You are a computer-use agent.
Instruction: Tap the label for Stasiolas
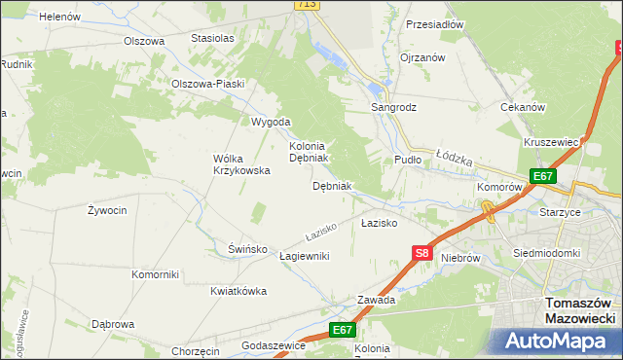[212, 38]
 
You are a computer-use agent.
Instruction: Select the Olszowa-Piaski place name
[207, 84]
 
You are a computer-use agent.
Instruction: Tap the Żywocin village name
[107, 210]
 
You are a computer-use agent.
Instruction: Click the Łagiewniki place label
[305, 256]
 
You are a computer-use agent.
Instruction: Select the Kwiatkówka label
[238, 291]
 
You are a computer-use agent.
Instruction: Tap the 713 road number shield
[308, 5]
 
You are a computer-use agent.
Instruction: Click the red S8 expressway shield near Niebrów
[421, 253]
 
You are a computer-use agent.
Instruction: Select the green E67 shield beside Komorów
[542, 176]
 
